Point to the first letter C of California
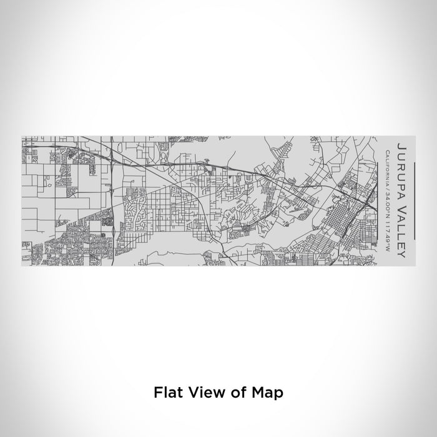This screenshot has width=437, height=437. click(388, 152)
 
